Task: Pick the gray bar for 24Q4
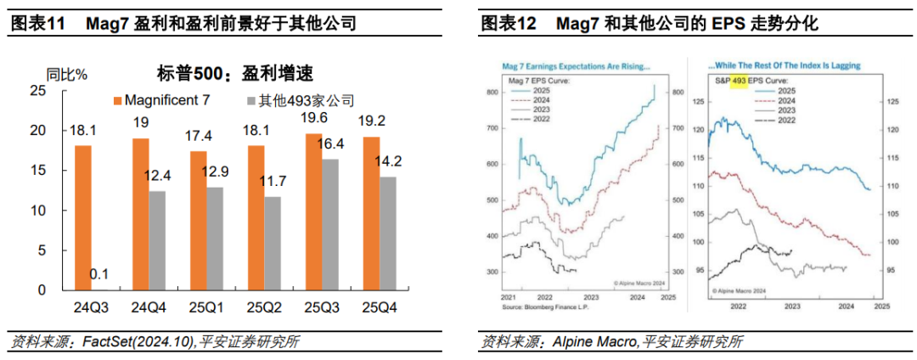coord(158,240)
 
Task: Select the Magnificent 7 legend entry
coord(161,100)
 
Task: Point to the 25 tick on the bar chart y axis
coord(37,91)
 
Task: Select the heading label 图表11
coord(37,23)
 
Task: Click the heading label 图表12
coord(508,23)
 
